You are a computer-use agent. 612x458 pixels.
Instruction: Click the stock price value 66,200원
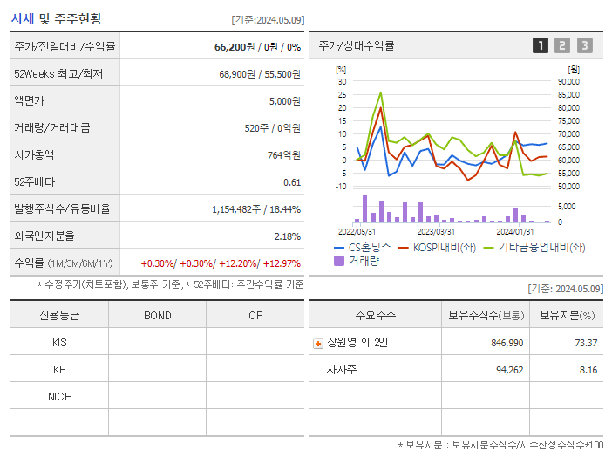point(235,46)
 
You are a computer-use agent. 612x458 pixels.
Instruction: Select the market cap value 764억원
point(285,154)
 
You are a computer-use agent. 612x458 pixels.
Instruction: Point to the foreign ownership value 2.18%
point(287,236)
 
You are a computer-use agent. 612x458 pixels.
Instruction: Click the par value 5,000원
point(284,100)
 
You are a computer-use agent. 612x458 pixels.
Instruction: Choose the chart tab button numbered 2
point(562,45)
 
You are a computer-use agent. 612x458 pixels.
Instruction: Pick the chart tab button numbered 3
point(584,45)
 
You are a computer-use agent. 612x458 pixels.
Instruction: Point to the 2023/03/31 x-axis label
point(436,231)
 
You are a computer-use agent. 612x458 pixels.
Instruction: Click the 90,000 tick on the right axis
point(568,81)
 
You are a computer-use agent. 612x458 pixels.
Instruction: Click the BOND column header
point(157,315)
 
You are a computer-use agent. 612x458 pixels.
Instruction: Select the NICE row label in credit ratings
point(59,396)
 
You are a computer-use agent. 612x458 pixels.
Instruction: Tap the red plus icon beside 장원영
point(317,343)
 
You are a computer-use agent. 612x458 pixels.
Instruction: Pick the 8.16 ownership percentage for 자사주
point(588,370)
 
